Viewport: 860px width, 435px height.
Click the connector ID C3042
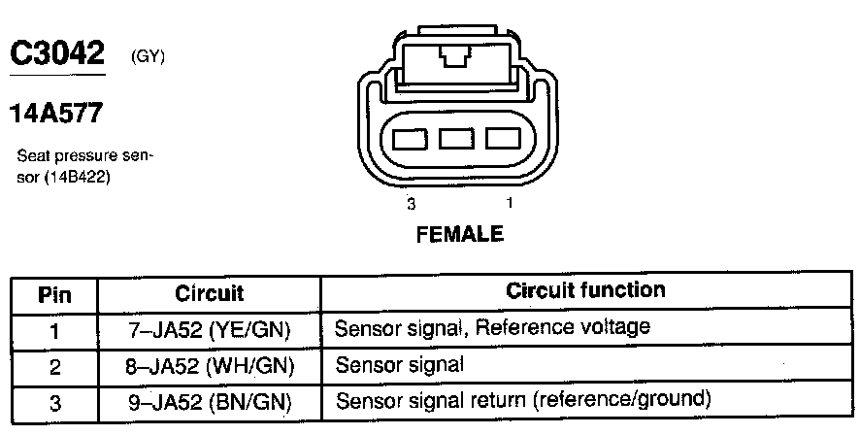click(x=55, y=54)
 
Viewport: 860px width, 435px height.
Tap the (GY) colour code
click(x=148, y=58)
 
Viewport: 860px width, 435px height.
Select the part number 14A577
click(x=55, y=115)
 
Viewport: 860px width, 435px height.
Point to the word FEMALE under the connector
click(x=459, y=234)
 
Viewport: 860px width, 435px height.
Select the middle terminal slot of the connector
click(x=456, y=138)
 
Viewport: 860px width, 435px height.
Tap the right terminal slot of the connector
click(x=503, y=138)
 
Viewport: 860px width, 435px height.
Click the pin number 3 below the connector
click(x=412, y=204)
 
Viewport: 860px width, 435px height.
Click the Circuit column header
click(x=209, y=292)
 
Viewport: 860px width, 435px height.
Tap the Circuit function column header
click(x=585, y=290)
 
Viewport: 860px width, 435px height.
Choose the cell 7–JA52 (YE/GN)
click(x=209, y=329)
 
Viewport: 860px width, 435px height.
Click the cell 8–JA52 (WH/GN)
click(x=209, y=365)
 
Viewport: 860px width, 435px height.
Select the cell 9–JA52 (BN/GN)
click(x=209, y=401)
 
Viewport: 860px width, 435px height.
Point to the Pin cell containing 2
click(x=54, y=366)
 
